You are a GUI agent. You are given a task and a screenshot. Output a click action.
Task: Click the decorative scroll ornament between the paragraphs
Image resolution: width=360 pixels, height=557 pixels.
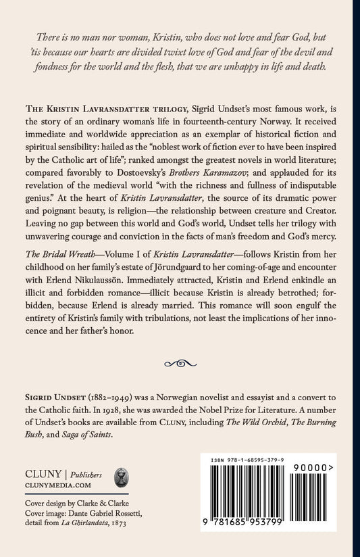point(179,363)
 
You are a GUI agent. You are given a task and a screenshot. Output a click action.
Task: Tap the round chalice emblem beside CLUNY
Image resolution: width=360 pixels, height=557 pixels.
point(122,477)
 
